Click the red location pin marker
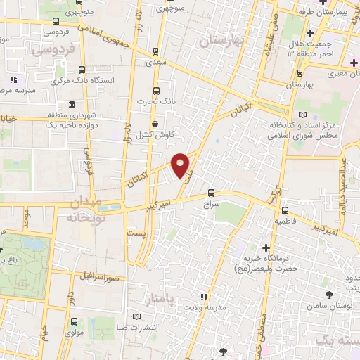pyautogui.click(x=181, y=165)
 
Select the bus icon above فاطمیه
pyautogui.click(x=284, y=209)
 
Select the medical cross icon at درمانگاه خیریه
pyautogui.click(x=266, y=247)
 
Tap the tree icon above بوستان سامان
pyautogui.click(x=329, y=293)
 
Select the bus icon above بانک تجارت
pyautogui.click(x=157, y=90)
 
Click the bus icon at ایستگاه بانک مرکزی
pyautogui.click(x=83, y=70)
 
